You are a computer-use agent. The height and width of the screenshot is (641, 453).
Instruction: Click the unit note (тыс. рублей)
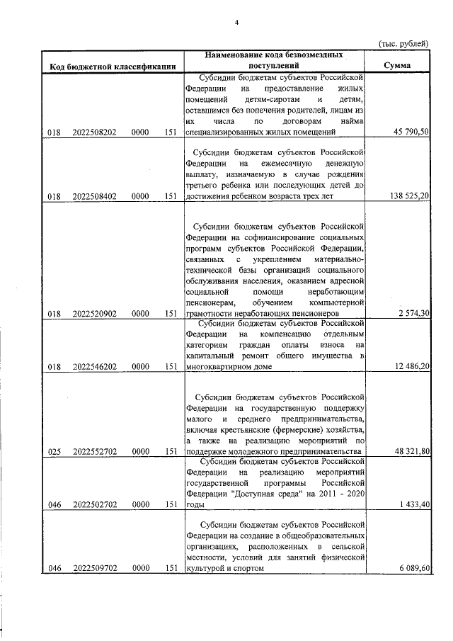(404, 43)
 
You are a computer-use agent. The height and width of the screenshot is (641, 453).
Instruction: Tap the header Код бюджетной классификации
(113, 67)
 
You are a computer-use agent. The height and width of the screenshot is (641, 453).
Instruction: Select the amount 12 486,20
(409, 367)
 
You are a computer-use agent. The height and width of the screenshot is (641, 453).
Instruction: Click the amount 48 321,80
(409, 451)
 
